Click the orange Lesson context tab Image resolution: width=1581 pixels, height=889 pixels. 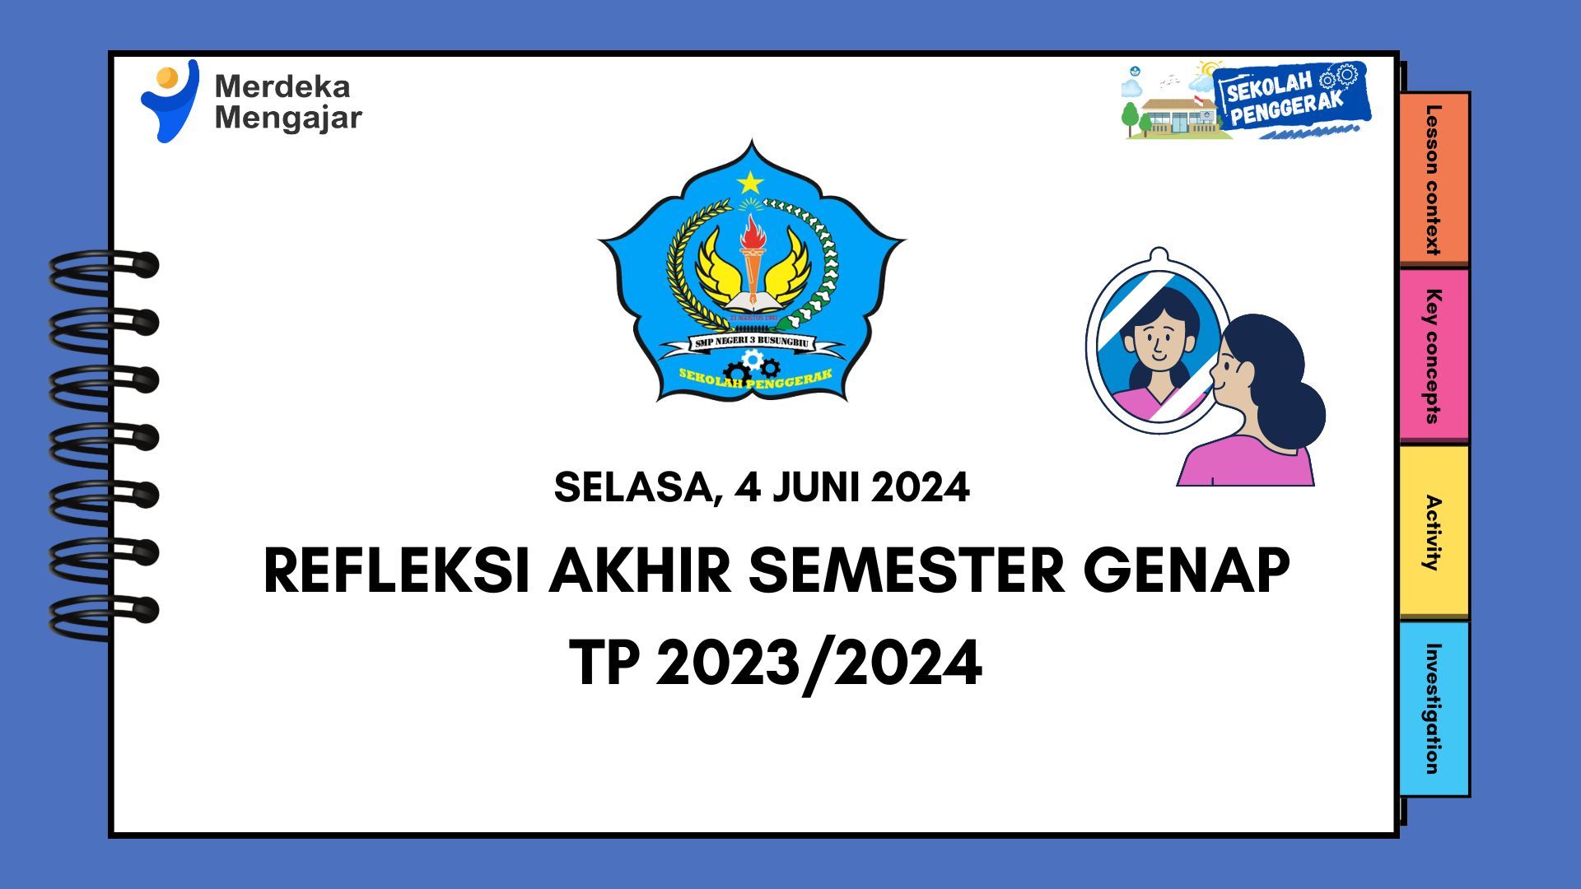(1434, 179)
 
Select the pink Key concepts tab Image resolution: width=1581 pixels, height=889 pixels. (1434, 356)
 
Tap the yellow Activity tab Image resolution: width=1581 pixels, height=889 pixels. (1434, 532)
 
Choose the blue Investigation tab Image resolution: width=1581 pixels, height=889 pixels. (1434, 709)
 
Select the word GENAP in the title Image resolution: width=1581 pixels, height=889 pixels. (1187, 570)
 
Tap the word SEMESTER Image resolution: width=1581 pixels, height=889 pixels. (907, 570)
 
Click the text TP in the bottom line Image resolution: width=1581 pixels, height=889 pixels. (604, 663)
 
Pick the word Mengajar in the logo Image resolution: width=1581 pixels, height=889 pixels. (288, 118)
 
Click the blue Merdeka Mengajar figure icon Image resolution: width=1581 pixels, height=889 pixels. (170, 100)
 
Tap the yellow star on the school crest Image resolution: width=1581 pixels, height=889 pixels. (750, 182)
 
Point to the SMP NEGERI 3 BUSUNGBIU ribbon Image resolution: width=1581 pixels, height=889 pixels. (751, 342)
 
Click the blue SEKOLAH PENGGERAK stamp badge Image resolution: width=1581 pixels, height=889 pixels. (1290, 95)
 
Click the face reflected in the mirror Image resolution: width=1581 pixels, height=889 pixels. (1159, 337)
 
